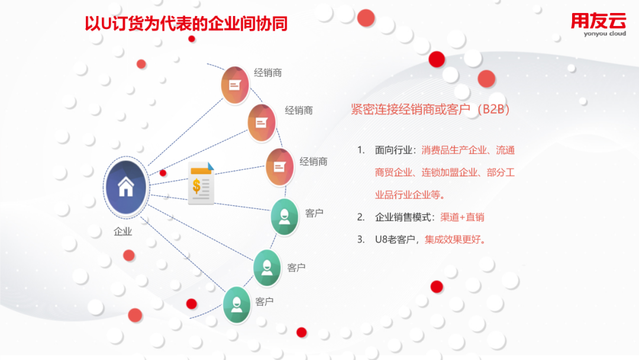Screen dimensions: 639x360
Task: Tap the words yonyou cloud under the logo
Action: [x=605, y=33]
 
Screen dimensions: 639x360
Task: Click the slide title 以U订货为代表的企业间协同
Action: [x=186, y=24]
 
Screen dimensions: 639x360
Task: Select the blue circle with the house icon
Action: [x=126, y=187]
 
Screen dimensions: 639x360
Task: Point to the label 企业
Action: [x=122, y=232]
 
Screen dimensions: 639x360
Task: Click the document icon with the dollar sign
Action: [x=201, y=184]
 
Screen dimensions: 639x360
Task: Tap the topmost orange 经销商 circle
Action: [x=235, y=85]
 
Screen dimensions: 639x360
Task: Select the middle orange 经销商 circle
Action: [x=262, y=123]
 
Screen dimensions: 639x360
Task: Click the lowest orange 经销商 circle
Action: [x=279, y=167]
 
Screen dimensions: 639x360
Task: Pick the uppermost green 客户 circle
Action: [x=285, y=217]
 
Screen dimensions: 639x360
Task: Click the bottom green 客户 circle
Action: [x=237, y=304]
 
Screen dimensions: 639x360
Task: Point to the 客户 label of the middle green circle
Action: [x=296, y=268]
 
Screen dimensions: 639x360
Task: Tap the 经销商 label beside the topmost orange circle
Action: [x=268, y=73]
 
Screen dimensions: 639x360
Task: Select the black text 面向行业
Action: [x=393, y=150]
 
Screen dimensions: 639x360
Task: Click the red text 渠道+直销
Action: [x=462, y=217]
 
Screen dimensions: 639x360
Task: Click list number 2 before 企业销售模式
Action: [x=361, y=217]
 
